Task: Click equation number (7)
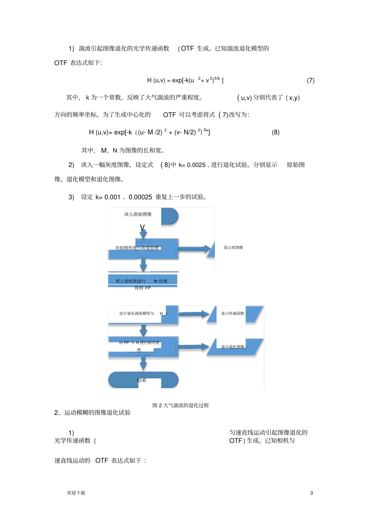pyautogui.click(x=310, y=80)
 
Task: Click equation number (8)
pyautogui.click(x=276, y=132)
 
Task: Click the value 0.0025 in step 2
pyautogui.click(x=196, y=165)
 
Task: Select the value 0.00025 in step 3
pyautogui.click(x=140, y=197)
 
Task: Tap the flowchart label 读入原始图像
pyautogui.click(x=138, y=214)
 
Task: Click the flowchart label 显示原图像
pyautogui.click(x=233, y=247)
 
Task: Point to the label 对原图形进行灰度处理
pyautogui.click(x=137, y=248)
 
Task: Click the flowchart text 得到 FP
pyautogui.click(x=142, y=288)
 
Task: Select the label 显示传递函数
pyautogui.click(x=233, y=313)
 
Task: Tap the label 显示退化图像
pyautogui.click(x=233, y=347)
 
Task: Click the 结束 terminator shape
pyautogui.click(x=143, y=380)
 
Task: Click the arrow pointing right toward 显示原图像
pyautogui.click(x=195, y=248)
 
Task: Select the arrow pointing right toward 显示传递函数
pyautogui.click(x=194, y=314)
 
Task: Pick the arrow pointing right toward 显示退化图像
pyautogui.click(x=194, y=347)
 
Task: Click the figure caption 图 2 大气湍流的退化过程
pyautogui.click(x=180, y=406)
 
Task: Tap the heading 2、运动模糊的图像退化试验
pyautogui.click(x=92, y=413)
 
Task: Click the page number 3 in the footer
pyautogui.click(x=311, y=493)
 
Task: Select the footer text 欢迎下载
pyautogui.click(x=76, y=493)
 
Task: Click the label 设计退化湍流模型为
pyautogui.click(x=137, y=313)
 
